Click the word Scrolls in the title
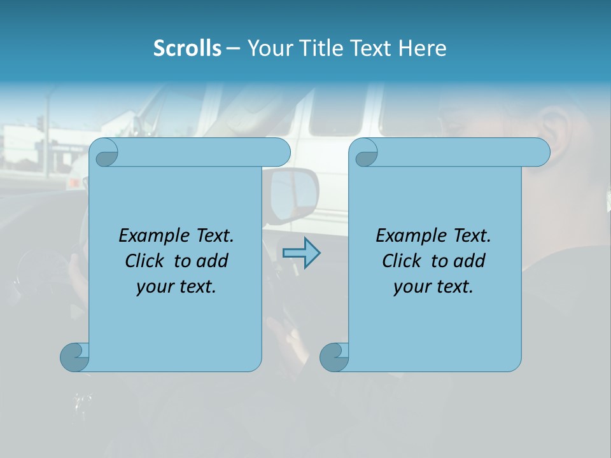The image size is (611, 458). coord(187,48)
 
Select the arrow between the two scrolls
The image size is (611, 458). coord(301,253)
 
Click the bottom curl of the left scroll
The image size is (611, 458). coord(74,357)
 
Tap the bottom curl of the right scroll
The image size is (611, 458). coord(334,357)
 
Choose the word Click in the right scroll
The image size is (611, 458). coord(401,261)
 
